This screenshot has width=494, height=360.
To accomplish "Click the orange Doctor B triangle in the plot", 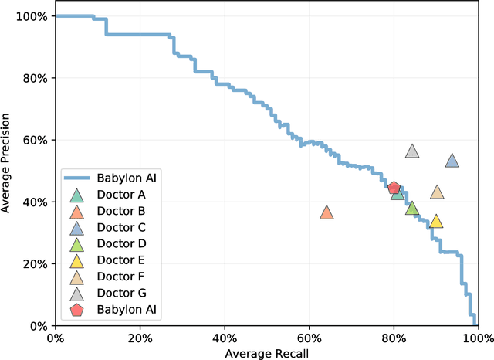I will point(327,213).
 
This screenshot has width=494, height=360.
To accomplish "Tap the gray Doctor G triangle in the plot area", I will point(412,151).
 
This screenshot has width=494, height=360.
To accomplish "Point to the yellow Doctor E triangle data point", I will point(435,222).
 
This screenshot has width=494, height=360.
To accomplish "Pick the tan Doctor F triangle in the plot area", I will point(437,192).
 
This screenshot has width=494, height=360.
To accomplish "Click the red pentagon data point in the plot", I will point(394,188).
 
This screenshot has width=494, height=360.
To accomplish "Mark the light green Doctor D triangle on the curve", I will point(412,209).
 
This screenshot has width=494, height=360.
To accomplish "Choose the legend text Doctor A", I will point(122,194).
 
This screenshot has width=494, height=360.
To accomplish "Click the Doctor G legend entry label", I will point(122,294).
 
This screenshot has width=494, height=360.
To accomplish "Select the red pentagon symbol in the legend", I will point(76,311).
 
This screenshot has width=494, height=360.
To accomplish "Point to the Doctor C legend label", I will point(122,227).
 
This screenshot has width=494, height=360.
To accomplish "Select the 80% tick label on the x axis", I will point(393,338).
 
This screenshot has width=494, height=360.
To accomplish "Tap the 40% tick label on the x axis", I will point(224,338).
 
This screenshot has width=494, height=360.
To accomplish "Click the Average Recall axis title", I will point(266,352).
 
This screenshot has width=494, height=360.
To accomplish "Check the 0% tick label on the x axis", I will point(55,338).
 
